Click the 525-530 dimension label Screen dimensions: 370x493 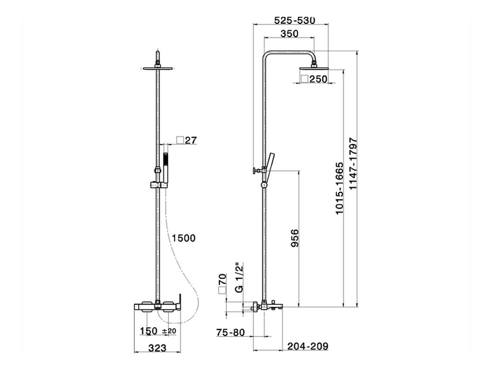coord(295,20)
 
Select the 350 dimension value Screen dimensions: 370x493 coord(289,34)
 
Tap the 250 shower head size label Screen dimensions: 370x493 coord(319,79)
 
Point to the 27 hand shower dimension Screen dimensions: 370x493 coord(191,140)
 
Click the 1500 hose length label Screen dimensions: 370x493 coord(184,238)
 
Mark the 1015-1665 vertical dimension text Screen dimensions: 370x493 coord(339,188)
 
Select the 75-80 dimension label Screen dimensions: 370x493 coord(230,332)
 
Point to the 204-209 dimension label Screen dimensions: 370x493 coord(308,346)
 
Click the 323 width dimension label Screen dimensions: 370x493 coord(157,348)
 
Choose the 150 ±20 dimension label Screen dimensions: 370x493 coord(158,331)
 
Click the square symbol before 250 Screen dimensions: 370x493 coord(305,79)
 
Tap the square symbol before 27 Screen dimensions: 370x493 coord(180,140)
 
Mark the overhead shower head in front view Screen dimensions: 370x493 coord(158,69)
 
